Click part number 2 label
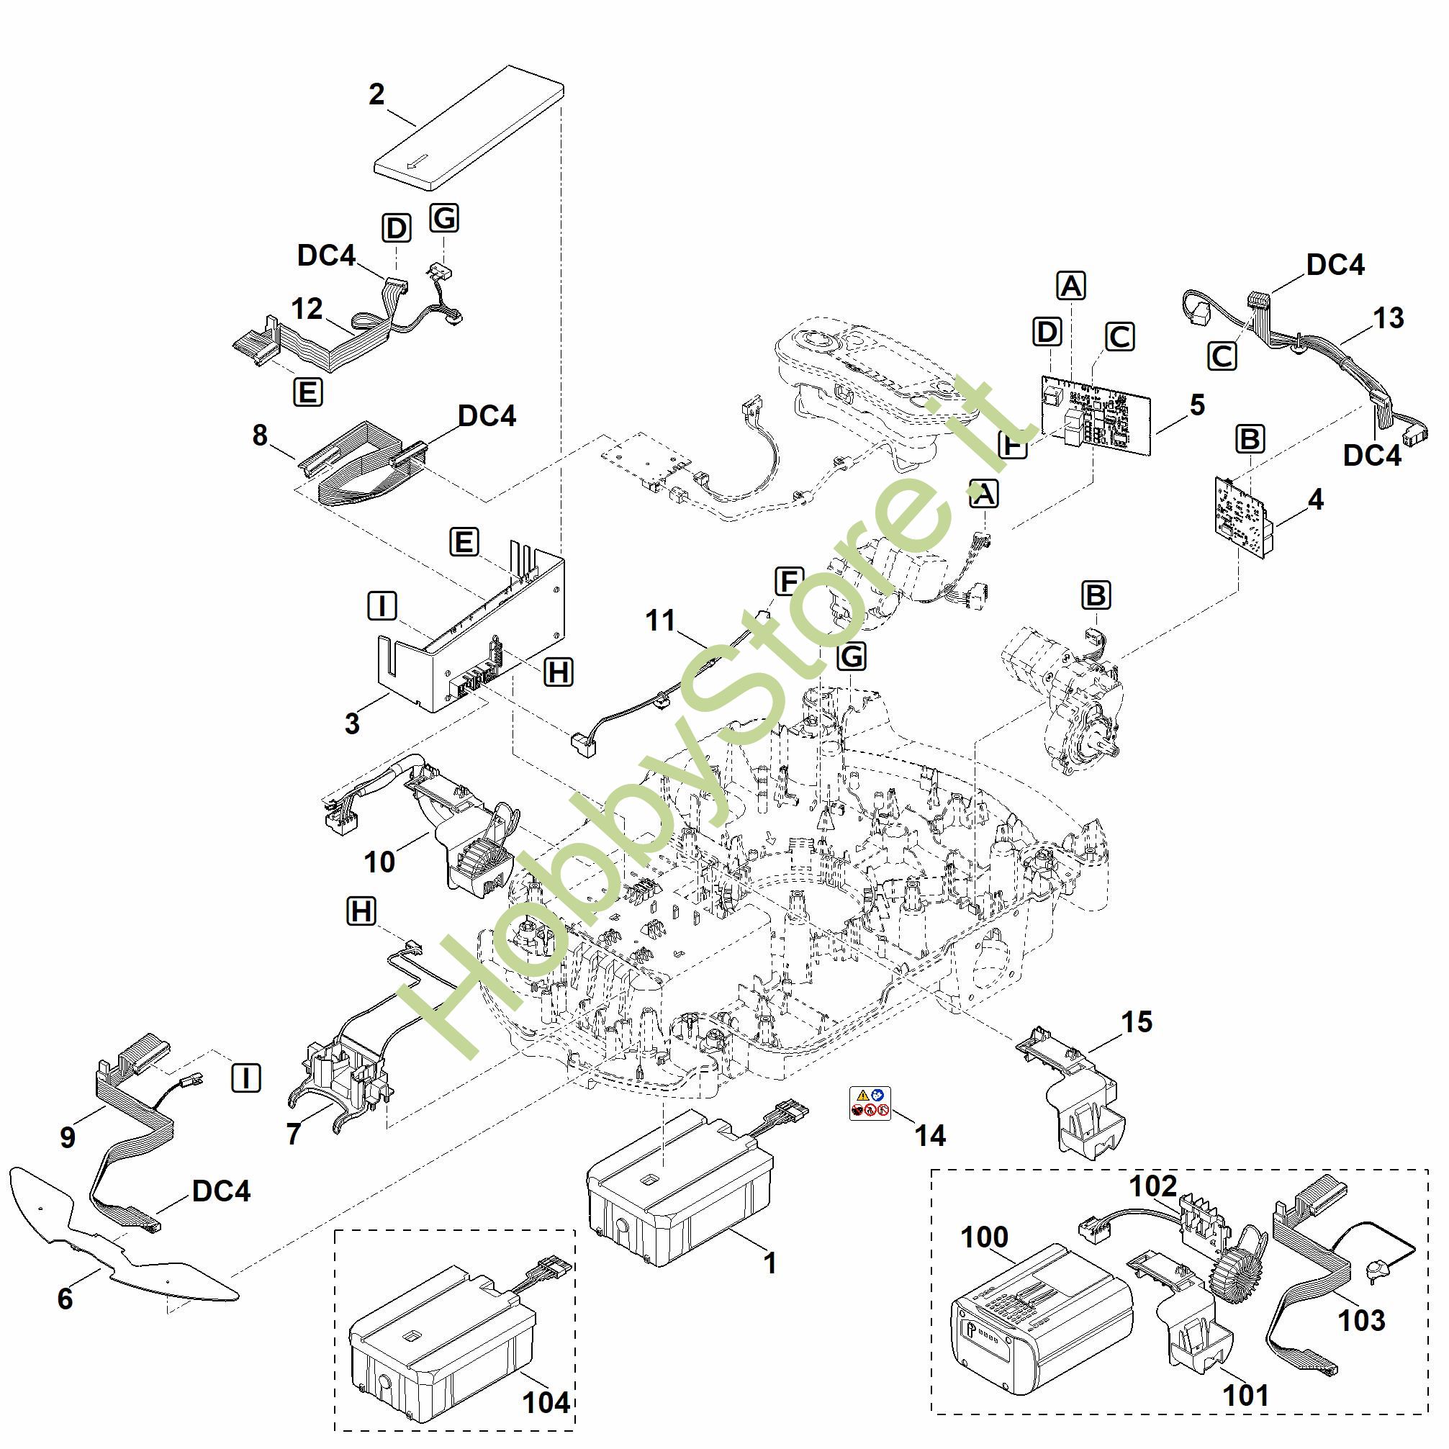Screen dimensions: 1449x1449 (376, 94)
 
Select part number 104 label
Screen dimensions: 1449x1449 (545, 1401)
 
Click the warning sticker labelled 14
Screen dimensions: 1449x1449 (870, 1103)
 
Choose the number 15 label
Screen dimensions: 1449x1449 (1137, 1021)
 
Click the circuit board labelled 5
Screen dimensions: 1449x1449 (1095, 415)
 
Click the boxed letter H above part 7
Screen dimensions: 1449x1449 (361, 912)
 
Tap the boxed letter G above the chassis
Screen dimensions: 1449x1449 (852, 656)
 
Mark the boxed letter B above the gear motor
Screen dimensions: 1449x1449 (1096, 595)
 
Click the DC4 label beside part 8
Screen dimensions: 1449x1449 (487, 415)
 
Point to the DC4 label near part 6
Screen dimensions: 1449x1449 (221, 1191)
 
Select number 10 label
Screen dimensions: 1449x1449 (379, 862)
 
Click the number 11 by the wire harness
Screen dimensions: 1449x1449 (660, 620)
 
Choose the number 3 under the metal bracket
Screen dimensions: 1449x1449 (352, 723)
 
